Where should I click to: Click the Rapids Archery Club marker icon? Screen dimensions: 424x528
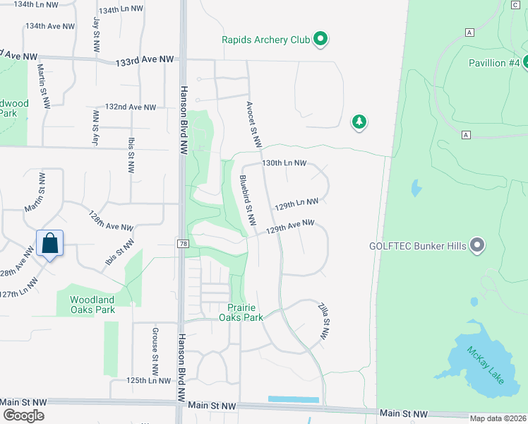[x=320, y=40]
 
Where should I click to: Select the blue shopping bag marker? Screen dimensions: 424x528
[x=50, y=244]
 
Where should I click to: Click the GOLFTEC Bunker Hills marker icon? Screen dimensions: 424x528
[x=477, y=246]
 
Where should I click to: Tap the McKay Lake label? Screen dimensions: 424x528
[x=484, y=365]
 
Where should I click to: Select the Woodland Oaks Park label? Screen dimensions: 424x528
[x=92, y=305]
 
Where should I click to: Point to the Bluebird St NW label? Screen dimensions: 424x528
[x=247, y=201]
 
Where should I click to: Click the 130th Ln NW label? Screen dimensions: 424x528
[x=284, y=163]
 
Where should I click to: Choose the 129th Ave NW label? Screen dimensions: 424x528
[x=289, y=226]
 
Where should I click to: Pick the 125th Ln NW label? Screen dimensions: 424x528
[x=150, y=381]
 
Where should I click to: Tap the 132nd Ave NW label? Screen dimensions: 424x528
[x=130, y=107]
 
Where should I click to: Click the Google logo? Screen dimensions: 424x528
[x=23, y=415]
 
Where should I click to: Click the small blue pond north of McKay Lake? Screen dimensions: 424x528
[x=416, y=188]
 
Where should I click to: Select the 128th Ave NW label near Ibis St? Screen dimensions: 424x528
[x=111, y=221]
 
